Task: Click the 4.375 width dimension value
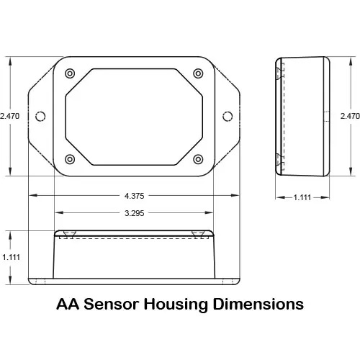tap(135, 196)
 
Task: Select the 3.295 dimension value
tap(135, 213)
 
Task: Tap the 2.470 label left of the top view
tap(9, 116)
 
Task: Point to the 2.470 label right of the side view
tap(349, 116)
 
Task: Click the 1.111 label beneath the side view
tap(303, 198)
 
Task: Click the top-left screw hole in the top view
tap(70, 74)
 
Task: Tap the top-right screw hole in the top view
tap(199, 74)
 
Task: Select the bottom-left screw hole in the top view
tap(70, 158)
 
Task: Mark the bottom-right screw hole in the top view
tap(199, 158)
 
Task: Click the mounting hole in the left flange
tap(40, 117)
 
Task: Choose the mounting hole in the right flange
tap(228, 117)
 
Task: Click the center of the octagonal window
tap(135, 116)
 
